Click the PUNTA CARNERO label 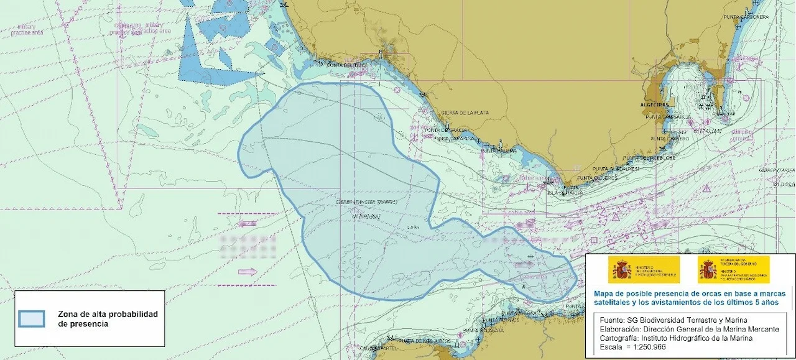(670, 139)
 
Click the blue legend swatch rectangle (31, 318)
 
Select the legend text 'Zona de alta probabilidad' (108, 314)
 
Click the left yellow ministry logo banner (643, 270)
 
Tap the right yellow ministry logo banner (733, 270)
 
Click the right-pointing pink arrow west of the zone (247, 271)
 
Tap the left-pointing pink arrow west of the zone (247, 223)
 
